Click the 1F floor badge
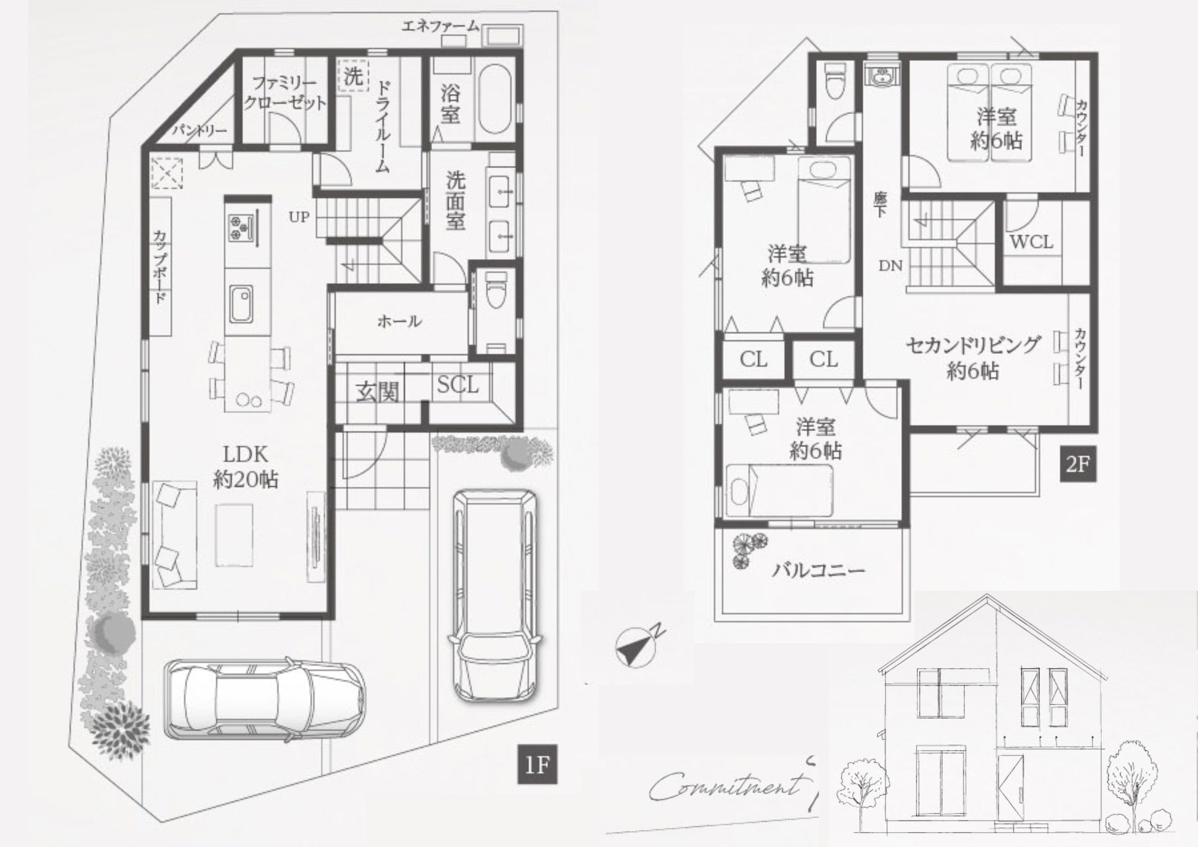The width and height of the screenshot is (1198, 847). tap(537, 764)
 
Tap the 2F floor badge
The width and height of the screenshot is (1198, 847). tap(1077, 464)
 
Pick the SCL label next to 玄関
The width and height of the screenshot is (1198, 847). tap(457, 384)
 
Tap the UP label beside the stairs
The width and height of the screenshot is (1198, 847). tap(299, 217)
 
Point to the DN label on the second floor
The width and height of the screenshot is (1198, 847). tap(890, 265)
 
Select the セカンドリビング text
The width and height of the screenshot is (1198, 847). tap(973, 346)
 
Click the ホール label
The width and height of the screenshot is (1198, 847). tap(399, 321)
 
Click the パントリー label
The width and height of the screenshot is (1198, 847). tap(200, 130)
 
